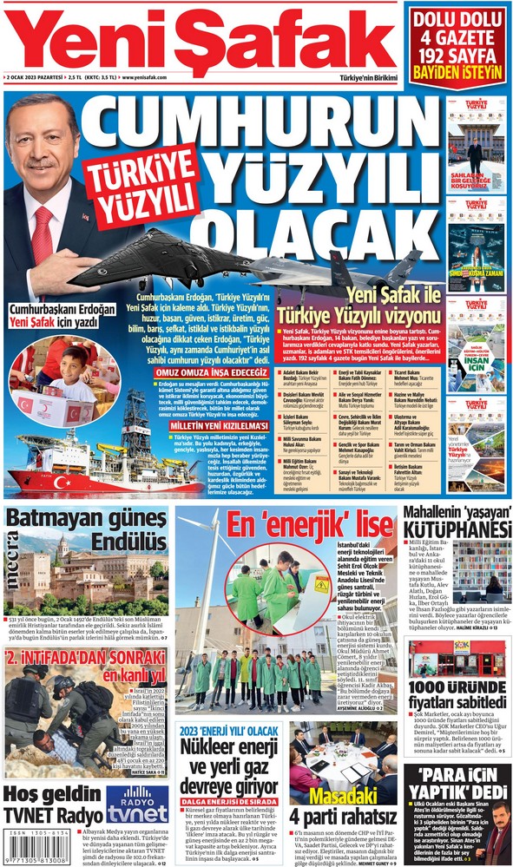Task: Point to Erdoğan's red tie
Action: [43, 234]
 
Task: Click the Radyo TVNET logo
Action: [136, 804]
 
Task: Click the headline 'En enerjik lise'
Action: [311, 524]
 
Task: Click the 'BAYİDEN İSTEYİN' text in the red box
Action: [457, 70]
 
